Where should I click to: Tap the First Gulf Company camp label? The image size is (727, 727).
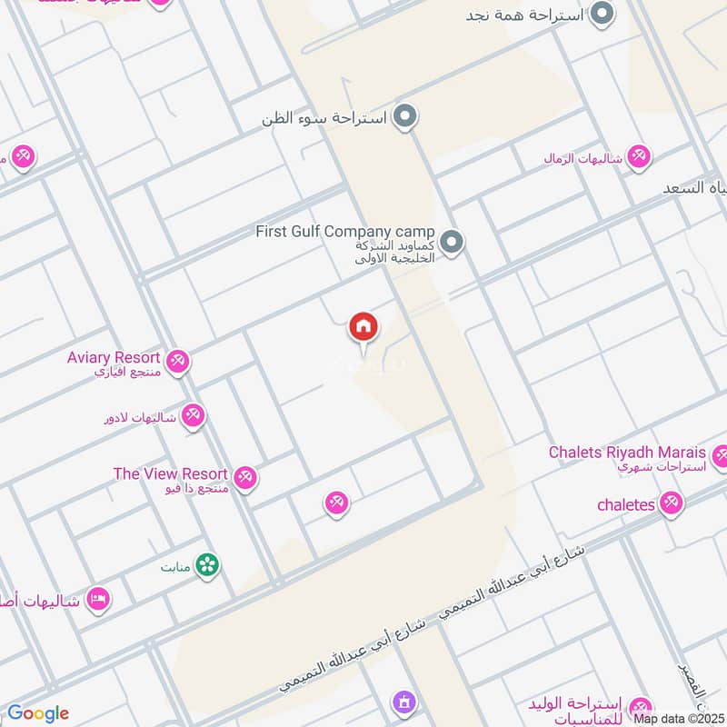344,232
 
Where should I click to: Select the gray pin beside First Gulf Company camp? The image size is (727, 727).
453,243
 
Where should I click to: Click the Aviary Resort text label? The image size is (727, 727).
114,358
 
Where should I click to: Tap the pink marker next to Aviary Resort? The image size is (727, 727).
178,362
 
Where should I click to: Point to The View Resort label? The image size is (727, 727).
170,473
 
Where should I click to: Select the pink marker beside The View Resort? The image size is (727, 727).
244,477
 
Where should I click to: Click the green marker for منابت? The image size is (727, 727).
208,565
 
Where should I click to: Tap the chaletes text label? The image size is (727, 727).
626,504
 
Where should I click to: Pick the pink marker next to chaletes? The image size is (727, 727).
672,502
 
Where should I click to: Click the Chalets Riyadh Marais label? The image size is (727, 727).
627,453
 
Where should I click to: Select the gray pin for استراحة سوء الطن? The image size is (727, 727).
406,117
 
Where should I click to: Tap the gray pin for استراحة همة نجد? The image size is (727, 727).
602,14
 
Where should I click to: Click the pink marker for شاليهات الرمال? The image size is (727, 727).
640,157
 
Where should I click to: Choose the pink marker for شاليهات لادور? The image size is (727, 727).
193,417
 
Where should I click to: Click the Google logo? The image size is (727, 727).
38,713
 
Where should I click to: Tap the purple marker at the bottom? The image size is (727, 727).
403,702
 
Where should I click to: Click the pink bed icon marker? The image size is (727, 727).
98,599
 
